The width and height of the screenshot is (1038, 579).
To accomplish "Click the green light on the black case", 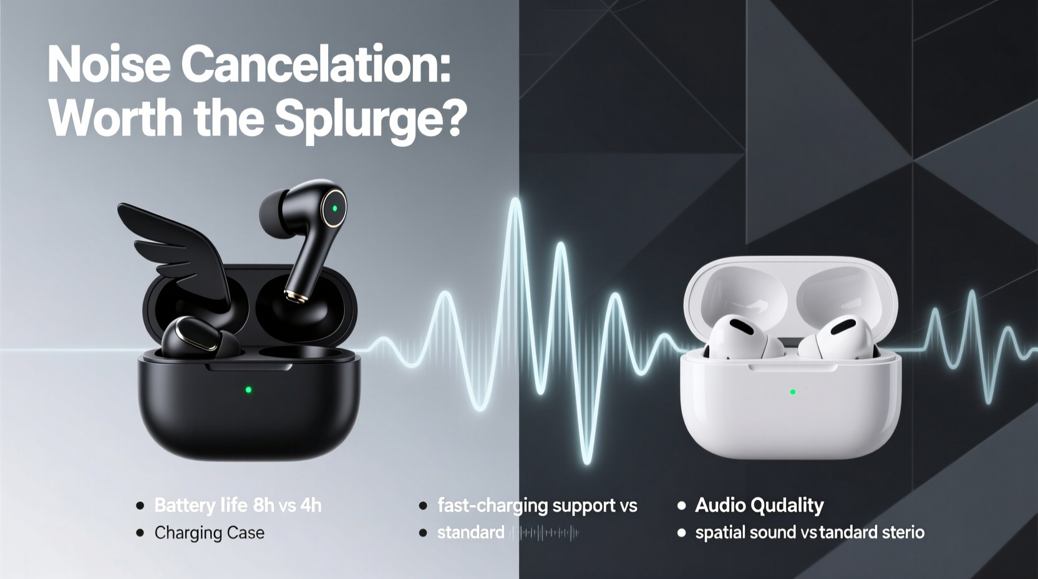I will (x=248, y=390).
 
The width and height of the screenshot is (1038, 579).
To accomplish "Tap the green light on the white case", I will (x=793, y=392).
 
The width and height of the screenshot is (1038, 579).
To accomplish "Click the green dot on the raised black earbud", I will (x=335, y=208).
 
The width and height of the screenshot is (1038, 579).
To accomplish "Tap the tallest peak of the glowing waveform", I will (x=515, y=203).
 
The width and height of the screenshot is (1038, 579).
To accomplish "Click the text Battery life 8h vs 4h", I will (x=238, y=505).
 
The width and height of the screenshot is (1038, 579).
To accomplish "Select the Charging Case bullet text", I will (x=209, y=533).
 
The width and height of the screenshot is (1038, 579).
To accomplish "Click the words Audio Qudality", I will (x=759, y=505).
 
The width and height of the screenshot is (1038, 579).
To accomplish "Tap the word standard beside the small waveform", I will (x=470, y=533).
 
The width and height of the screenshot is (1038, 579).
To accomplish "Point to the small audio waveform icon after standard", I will (x=545, y=533).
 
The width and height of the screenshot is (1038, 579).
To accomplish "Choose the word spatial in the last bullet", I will (x=717, y=533).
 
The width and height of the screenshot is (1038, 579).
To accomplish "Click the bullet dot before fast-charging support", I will (x=423, y=505).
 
